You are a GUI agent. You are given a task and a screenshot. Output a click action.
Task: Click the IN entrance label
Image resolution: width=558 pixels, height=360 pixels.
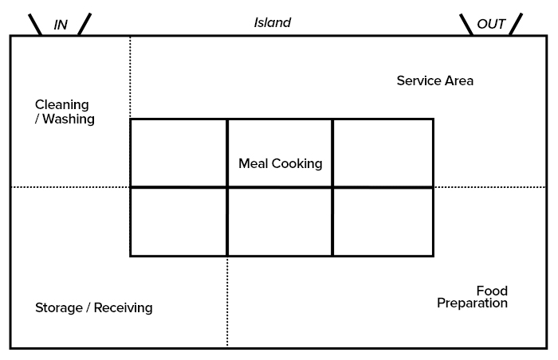pyautogui.click(x=61, y=25)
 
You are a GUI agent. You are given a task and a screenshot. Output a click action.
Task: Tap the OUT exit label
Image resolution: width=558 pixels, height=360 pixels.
pyautogui.click(x=491, y=24)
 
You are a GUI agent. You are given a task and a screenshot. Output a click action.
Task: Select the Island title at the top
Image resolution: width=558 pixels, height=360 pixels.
pyautogui.click(x=273, y=22)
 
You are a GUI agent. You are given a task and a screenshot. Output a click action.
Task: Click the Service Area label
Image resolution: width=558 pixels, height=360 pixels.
pyautogui.click(x=435, y=80)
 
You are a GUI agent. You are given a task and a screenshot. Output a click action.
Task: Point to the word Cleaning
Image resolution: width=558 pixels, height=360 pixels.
pyautogui.click(x=62, y=105)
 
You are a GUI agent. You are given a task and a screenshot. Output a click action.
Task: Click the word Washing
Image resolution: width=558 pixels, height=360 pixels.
pyautogui.click(x=69, y=119)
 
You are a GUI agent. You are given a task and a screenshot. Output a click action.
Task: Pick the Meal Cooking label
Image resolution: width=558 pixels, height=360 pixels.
pyautogui.click(x=281, y=163)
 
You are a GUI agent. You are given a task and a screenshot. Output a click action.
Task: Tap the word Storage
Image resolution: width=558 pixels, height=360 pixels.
pyautogui.click(x=59, y=307)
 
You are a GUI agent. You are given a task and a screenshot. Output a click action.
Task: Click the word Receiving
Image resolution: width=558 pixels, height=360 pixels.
pyautogui.click(x=123, y=307)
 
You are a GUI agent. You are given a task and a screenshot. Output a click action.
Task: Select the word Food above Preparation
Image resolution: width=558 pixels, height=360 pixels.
pyautogui.click(x=492, y=291)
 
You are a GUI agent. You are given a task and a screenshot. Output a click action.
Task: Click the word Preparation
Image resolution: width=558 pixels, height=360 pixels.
pyautogui.click(x=472, y=303)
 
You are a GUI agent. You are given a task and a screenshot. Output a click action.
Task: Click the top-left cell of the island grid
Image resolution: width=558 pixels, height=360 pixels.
pyautogui.click(x=179, y=153)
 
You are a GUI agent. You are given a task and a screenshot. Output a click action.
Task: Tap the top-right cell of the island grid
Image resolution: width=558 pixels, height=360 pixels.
pyautogui.click(x=383, y=153)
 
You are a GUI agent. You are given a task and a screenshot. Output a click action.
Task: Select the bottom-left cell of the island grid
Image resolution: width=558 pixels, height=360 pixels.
pyautogui.click(x=179, y=221)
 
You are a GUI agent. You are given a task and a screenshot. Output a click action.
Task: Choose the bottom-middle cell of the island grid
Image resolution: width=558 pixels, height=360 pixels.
pyautogui.click(x=280, y=221)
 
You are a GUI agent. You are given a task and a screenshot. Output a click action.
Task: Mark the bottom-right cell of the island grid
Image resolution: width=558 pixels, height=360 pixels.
pyautogui.click(x=383, y=221)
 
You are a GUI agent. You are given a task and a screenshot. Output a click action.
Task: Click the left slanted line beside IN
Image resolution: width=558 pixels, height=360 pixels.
pyautogui.click(x=35, y=25)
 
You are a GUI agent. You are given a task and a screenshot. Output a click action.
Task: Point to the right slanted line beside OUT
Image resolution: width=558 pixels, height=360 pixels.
pyautogui.click(x=516, y=24)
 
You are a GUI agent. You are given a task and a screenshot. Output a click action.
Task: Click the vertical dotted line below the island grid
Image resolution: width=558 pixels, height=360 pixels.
pyautogui.click(x=227, y=302)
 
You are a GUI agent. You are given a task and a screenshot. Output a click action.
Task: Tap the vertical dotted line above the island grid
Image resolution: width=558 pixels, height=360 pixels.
pyautogui.click(x=130, y=76)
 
